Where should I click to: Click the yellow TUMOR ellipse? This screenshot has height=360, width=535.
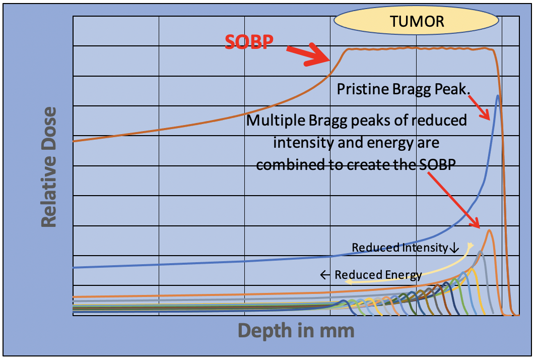pyautogui.click(x=416, y=21)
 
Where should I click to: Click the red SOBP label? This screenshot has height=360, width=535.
pyautogui.click(x=249, y=42)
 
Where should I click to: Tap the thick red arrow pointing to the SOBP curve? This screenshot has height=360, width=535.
pyautogui.click(x=308, y=54)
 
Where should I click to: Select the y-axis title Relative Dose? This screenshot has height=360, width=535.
pyautogui.click(x=49, y=167)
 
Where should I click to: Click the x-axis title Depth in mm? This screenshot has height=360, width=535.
pyautogui.click(x=296, y=330)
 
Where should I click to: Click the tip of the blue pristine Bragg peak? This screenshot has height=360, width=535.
pyautogui.click(x=498, y=96)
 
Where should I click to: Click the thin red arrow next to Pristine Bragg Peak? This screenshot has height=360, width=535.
pyautogui.click(x=479, y=107)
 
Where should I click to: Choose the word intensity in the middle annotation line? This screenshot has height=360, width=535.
pyautogui.click(x=304, y=143)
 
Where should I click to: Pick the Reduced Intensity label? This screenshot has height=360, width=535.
pyautogui.click(x=400, y=247)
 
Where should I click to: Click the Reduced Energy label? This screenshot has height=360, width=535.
pyautogui.click(x=378, y=275)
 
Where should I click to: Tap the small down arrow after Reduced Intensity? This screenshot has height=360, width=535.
pyautogui.click(x=454, y=248)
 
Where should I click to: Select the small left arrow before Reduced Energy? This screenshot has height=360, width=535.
pyautogui.click(x=325, y=275)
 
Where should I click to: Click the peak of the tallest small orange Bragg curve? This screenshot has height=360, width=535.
pyautogui.click(x=490, y=230)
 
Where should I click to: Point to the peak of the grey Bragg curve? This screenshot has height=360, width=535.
pyautogui.click(x=481, y=252)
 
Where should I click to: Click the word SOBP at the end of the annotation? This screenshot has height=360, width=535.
pyautogui.click(x=437, y=165)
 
